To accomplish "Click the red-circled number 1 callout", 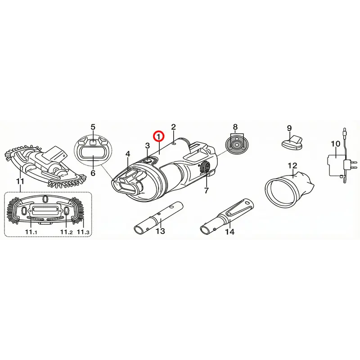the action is point(159,136).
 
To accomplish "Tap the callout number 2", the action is point(173,127).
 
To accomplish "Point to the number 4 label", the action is point(128,154).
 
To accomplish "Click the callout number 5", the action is point(93,127).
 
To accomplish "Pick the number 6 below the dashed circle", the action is point(93,173).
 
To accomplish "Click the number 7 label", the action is point(206,190).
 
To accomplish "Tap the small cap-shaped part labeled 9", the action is point(292,142).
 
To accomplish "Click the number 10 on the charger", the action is point(335,144).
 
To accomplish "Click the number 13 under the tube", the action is point(160,231).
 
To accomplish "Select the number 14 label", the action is point(230,232).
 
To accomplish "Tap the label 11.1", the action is point(31,232).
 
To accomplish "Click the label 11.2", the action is point(67,232).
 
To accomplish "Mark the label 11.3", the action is point(83,232).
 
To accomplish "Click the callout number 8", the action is point(235,127).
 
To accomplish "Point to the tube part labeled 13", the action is point(159,217).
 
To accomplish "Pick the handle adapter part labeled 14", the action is point(227,216).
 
